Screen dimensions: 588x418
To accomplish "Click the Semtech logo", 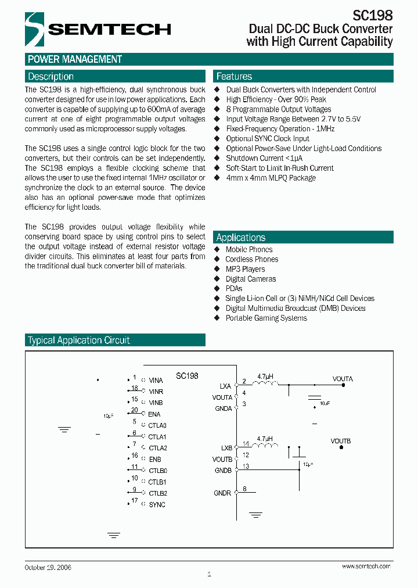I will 98,28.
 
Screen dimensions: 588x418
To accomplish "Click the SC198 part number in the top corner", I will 373,15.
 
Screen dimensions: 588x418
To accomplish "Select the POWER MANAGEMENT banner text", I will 75,59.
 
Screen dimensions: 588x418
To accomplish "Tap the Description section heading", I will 51,77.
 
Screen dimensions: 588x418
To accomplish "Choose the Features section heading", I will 234,77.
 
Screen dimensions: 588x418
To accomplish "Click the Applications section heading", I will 240,238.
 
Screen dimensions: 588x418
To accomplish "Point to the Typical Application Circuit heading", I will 79,340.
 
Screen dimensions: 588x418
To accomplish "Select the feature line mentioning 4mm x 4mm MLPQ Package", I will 271,178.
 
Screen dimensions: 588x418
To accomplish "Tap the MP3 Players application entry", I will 245,269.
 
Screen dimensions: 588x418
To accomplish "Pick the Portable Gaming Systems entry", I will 266,318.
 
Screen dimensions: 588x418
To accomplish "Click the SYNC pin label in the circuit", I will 157,504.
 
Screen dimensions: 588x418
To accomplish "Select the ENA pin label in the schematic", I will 154,414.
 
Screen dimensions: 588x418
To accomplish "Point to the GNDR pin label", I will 222,493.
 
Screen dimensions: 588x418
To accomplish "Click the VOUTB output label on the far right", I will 341,441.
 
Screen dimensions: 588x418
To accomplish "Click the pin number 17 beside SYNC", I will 134,500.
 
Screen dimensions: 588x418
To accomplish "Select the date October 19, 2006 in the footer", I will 48,567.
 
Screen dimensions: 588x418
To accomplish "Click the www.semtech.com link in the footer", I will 366,567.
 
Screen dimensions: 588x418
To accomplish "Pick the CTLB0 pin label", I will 157,471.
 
